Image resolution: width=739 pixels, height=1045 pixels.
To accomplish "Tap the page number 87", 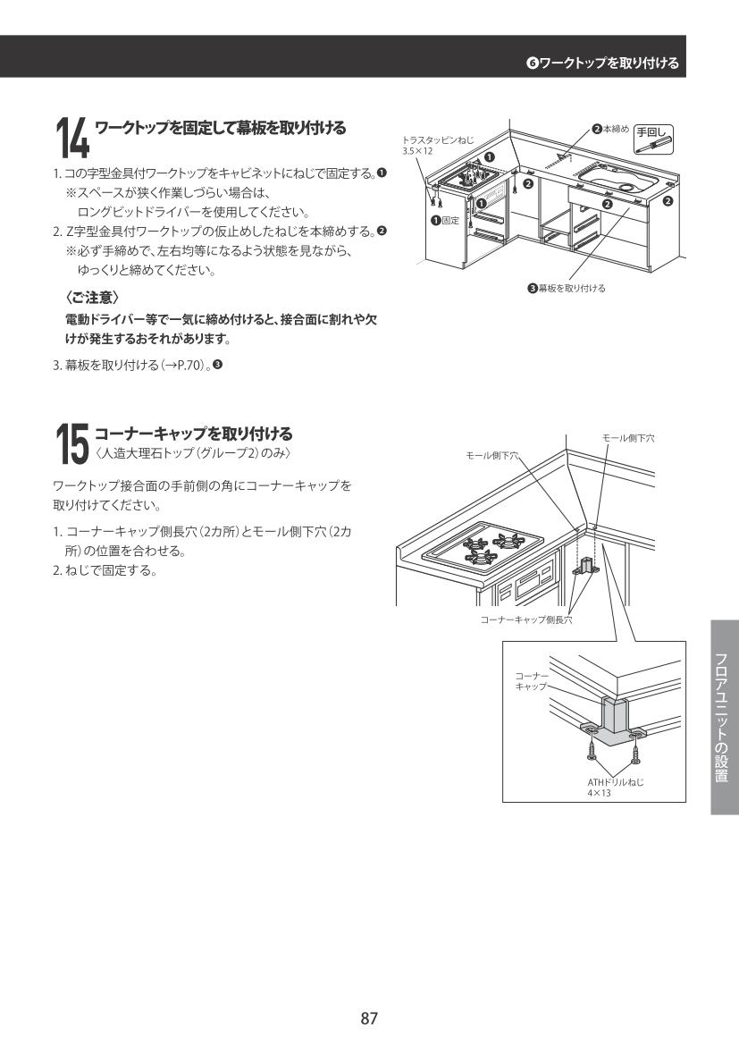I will [369, 1017].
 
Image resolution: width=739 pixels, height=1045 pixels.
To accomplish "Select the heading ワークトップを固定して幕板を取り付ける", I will [220, 129].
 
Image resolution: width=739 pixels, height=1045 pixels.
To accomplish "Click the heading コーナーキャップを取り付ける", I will [193, 434].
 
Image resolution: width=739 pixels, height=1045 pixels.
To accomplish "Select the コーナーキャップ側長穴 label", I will [525, 619].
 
